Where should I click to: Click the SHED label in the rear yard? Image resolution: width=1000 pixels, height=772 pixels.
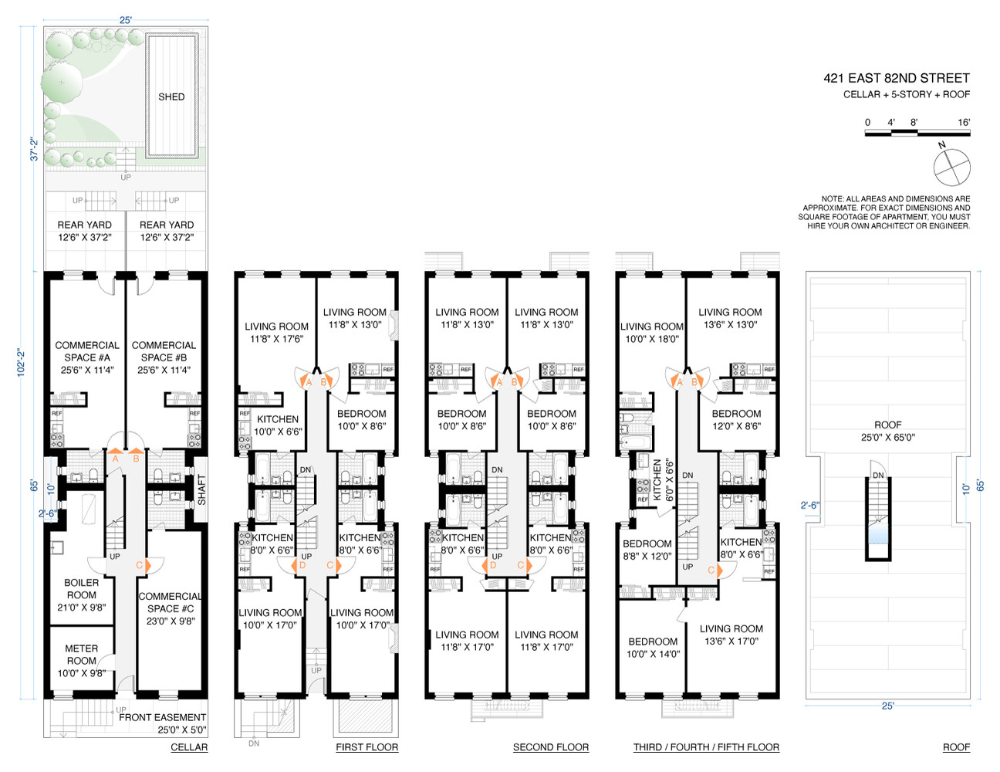point(171,96)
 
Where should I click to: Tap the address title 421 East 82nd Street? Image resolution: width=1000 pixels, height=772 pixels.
point(896,78)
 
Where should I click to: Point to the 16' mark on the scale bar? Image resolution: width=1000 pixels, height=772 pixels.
point(963,123)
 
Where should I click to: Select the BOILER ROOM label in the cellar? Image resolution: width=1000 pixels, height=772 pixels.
point(81,594)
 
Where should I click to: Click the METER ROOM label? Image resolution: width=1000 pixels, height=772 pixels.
point(81,661)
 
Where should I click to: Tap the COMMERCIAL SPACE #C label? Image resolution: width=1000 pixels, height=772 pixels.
point(170,608)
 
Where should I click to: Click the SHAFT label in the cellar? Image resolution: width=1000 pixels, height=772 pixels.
point(201,489)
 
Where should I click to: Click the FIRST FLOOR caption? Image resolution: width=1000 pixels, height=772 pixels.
point(367,747)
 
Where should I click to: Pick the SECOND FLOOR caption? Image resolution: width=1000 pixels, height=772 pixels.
point(550,747)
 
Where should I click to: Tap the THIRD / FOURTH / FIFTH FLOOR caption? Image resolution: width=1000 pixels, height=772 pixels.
point(706,747)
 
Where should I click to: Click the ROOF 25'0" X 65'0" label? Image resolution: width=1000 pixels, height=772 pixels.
point(887,431)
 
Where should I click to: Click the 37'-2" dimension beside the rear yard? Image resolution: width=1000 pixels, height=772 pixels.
point(33,149)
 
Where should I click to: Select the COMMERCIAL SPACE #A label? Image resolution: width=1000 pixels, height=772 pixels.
point(87,357)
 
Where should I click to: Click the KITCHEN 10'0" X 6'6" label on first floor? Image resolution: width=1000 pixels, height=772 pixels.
point(278,425)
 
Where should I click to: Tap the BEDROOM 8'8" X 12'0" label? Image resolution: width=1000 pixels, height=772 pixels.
point(647,550)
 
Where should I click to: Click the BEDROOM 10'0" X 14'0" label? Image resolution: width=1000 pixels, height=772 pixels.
point(653,648)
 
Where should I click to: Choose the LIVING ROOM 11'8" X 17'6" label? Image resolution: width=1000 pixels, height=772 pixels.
point(276,333)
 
